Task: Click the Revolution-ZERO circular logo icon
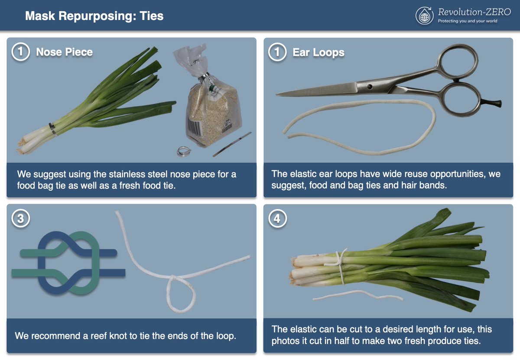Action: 424,16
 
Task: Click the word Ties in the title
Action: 151,16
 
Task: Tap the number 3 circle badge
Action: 21,218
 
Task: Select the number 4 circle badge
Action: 277,218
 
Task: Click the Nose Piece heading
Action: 64,52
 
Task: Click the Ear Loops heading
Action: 318,52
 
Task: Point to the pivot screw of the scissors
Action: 370,87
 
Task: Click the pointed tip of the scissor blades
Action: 277,94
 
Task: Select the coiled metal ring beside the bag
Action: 184,151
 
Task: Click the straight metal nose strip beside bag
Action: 232,144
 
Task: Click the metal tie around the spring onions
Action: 52,129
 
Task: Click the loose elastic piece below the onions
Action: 357,295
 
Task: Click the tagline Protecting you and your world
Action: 468,21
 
